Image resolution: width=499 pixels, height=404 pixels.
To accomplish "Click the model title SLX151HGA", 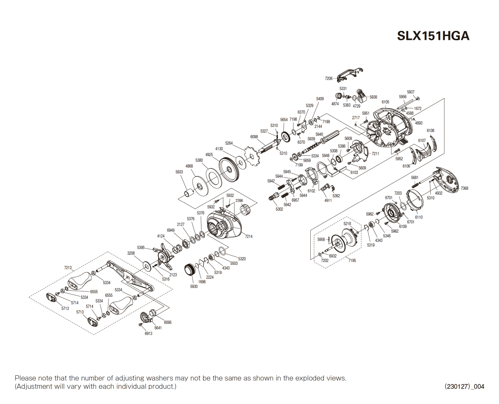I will (x=433, y=36).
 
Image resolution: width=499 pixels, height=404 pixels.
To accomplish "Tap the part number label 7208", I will (x=328, y=79).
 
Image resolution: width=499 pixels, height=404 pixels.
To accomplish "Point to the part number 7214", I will (x=249, y=237).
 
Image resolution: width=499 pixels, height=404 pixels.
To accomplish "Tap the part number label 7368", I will (x=464, y=188).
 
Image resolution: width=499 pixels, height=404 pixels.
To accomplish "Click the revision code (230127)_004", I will (x=464, y=386).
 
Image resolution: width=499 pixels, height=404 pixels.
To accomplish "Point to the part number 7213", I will (x=68, y=268).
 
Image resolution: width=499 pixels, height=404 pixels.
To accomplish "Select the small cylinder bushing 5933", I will (x=188, y=193).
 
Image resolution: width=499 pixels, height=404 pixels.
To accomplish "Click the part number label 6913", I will (x=148, y=334).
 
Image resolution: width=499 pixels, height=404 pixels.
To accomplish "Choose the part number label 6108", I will (x=430, y=131).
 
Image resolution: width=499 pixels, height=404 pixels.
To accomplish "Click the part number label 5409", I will (x=320, y=99).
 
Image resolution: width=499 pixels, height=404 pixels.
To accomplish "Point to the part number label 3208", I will (x=131, y=253).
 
